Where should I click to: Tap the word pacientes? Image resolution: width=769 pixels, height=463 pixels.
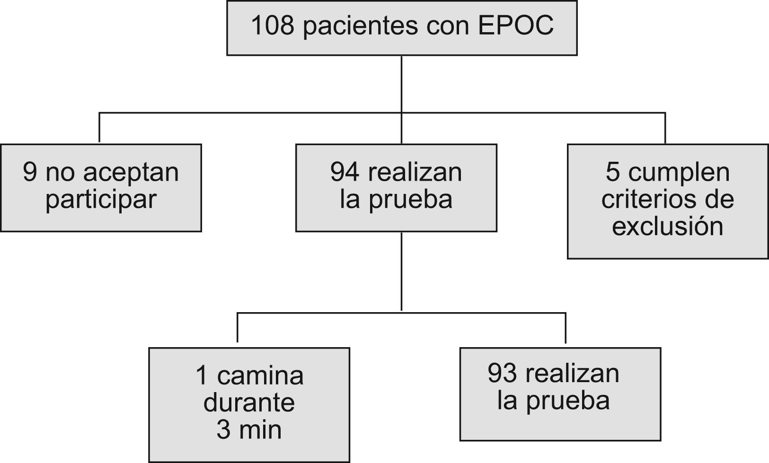360,26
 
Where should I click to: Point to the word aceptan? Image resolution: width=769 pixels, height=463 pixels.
131,173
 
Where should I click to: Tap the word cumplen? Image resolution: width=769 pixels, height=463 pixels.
679,173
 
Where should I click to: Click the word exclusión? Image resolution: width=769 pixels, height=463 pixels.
667,226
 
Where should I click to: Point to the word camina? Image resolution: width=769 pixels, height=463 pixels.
260,376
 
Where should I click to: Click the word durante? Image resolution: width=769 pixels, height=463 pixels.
249,403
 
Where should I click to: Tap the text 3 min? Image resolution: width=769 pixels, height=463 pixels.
249,430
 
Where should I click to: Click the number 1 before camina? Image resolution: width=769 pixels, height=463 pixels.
202,376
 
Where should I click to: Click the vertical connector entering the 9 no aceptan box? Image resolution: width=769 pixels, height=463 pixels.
99,128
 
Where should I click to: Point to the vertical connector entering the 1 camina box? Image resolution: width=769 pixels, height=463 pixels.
237,327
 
